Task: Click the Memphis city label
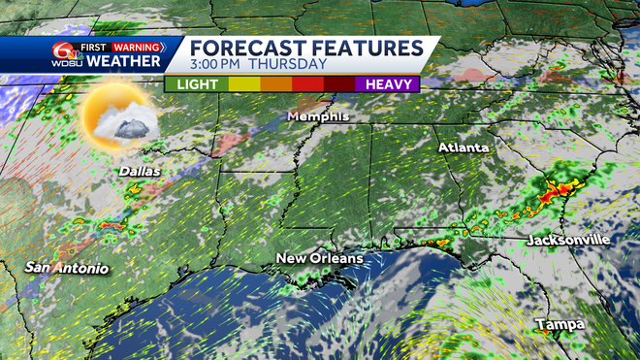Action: click(317, 117)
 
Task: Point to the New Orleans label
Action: click(319, 258)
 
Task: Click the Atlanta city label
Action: click(464, 147)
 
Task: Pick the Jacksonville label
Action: click(568, 239)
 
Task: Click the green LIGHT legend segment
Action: click(197, 84)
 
